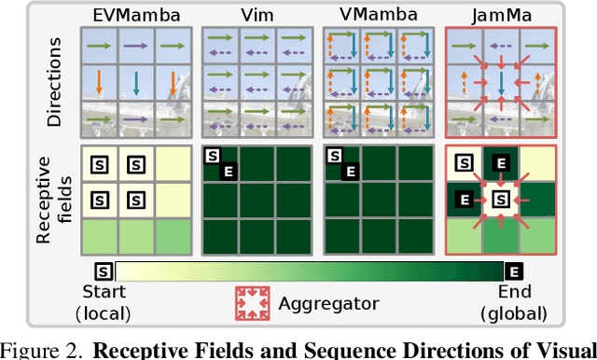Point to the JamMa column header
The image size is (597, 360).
point(503,16)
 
